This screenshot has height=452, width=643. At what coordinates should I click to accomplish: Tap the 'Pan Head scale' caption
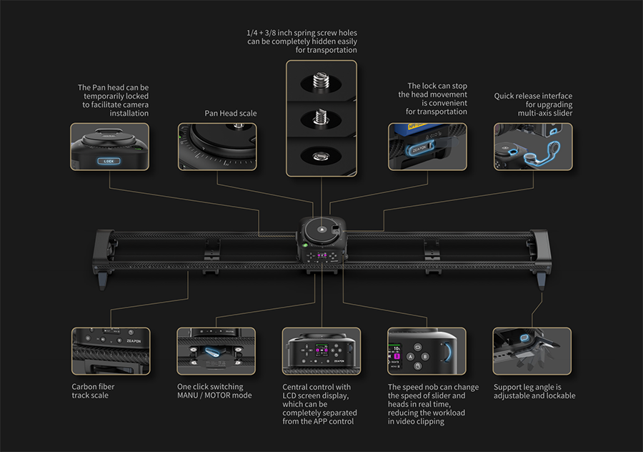click(x=231, y=113)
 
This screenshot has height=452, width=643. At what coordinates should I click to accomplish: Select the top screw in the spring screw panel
click(x=321, y=80)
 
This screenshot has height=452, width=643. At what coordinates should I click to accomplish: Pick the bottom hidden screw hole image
click(x=321, y=156)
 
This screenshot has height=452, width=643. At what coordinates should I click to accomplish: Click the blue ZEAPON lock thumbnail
click(x=427, y=147)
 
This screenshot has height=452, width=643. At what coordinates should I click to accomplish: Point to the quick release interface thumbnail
click(x=532, y=146)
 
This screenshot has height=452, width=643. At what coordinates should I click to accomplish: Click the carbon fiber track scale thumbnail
click(x=111, y=351)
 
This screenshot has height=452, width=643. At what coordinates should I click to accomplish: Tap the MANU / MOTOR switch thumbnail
click(x=216, y=351)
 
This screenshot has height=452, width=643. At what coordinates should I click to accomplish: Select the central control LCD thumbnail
click(x=321, y=351)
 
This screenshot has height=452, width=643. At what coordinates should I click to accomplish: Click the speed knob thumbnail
click(x=427, y=351)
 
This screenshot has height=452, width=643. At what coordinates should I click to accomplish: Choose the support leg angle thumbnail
click(x=532, y=351)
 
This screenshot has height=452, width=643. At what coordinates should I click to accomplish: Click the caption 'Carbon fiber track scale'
click(x=93, y=391)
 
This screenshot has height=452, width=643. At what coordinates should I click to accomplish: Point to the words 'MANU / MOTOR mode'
click(x=214, y=395)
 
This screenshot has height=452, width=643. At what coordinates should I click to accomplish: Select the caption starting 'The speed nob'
click(x=433, y=387)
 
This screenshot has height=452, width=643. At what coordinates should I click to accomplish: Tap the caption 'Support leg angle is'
click(x=527, y=387)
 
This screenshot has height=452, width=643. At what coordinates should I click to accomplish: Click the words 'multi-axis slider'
click(x=532, y=113)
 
